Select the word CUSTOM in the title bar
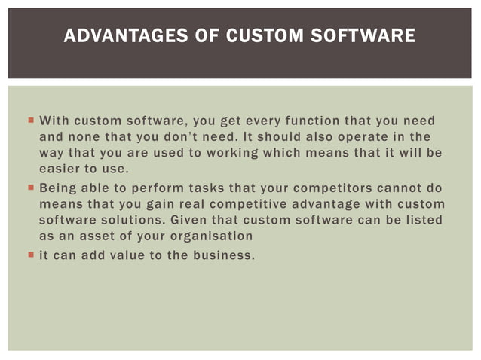pyautogui.click(x=256, y=35)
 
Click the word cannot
pyautogui.click(x=402, y=188)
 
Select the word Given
pyautogui.click(x=191, y=219)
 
